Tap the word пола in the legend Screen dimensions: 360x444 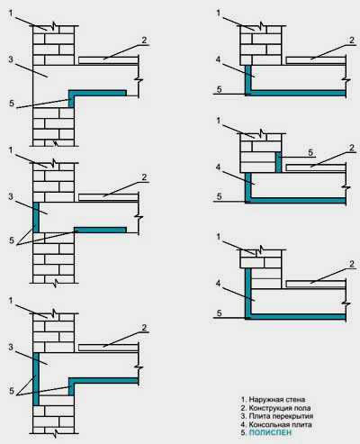coord(303,408)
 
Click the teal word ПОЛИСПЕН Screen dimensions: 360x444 coord(270,432)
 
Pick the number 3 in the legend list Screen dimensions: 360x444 coord(244,417)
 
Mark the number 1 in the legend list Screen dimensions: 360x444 coord(244,400)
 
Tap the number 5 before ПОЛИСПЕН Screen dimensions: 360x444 coord(244,432)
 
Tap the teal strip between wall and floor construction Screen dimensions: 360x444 coord(278,162)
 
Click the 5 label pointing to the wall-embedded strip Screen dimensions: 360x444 coord(310,152)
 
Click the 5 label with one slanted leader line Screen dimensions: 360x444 coord(12,104)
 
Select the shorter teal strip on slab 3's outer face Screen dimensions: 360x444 coord(36,217)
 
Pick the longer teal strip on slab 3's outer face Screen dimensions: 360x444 coord(36,379)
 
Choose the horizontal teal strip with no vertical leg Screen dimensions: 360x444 coord(100,230)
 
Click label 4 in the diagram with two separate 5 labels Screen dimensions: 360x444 coord(218,168)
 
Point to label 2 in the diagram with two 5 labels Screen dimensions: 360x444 coord(352,148)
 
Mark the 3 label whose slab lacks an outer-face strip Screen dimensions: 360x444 coord(11,59)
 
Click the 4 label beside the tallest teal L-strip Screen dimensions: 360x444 coord(218,284)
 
